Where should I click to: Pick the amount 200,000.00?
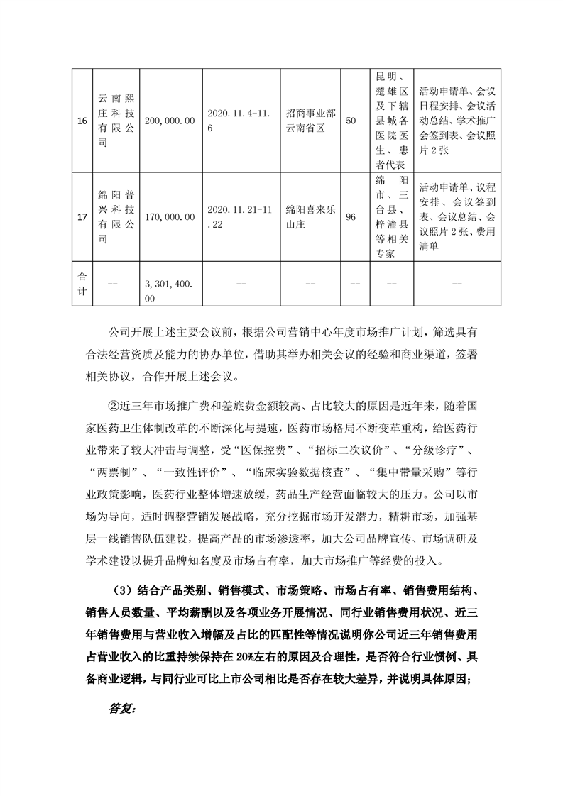pyautogui.click(x=169, y=121)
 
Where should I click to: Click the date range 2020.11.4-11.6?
pyautogui.click(x=237, y=121)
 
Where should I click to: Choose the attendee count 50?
pyautogui.click(x=350, y=121)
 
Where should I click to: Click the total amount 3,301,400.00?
pyautogui.click(x=169, y=291)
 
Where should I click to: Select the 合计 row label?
pyautogui.click(x=82, y=284)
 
